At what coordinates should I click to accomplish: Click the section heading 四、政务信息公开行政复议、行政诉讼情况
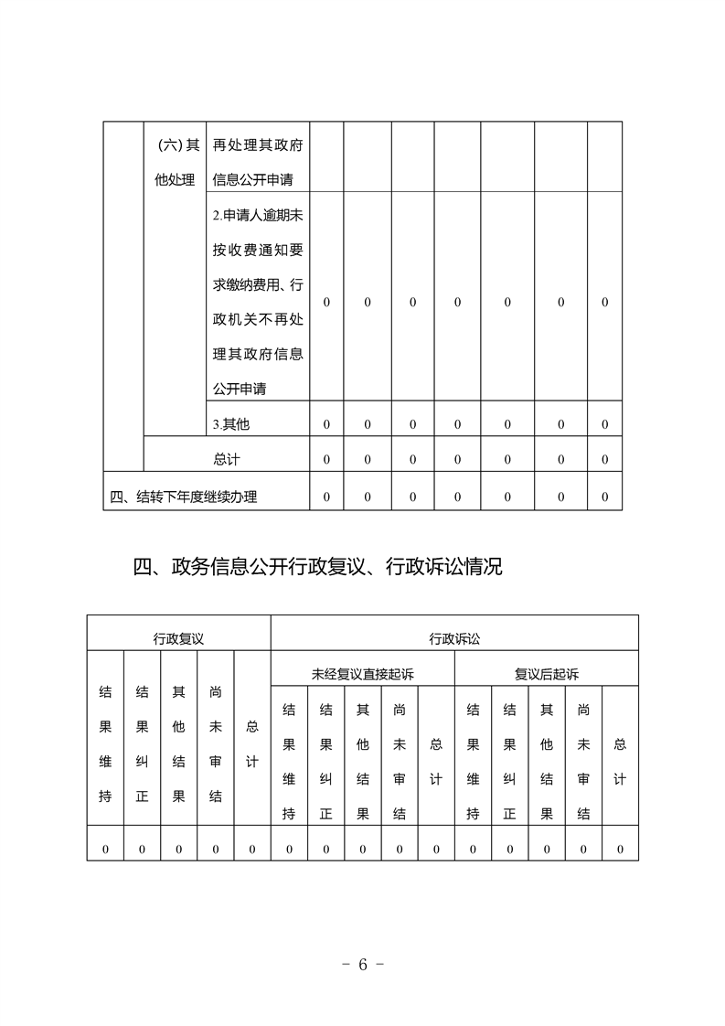[x=317, y=568]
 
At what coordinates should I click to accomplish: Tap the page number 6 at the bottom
[x=362, y=965]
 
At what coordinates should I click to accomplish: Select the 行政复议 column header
[x=178, y=638]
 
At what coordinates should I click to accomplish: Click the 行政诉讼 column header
[x=453, y=638]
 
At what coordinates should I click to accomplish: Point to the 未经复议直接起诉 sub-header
[x=362, y=675]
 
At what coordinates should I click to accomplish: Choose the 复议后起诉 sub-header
[x=546, y=675]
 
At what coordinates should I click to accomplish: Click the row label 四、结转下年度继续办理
[x=184, y=497]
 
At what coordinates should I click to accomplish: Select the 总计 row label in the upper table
[x=226, y=459]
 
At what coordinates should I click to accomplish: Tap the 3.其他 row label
[x=230, y=424]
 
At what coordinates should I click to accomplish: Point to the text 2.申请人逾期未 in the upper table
[x=258, y=217]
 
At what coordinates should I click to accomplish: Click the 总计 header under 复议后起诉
[x=620, y=762]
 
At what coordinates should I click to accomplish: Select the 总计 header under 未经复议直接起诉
[x=436, y=762]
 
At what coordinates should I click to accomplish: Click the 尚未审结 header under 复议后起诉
[x=583, y=762]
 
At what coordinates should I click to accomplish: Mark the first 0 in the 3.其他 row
[x=326, y=424]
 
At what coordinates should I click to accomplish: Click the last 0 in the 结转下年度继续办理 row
[x=604, y=497]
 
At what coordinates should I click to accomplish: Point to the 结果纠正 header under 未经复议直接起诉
[x=325, y=762]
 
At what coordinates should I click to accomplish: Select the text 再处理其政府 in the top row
[x=258, y=144]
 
